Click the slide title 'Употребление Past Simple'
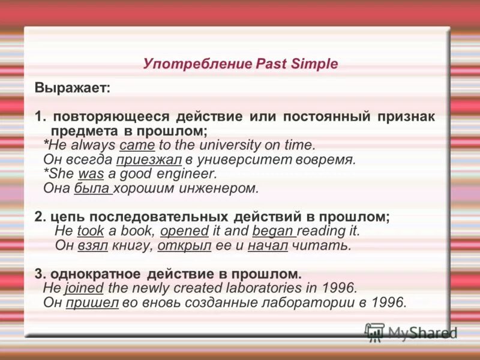[x=241, y=64]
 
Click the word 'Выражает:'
[x=72, y=88]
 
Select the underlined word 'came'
[x=137, y=145]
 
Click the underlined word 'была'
[x=93, y=188]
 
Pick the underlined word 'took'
[x=91, y=230]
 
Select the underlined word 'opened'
[x=184, y=230]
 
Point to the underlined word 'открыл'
[x=179, y=245]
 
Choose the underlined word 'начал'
[x=268, y=245]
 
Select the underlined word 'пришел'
[x=92, y=302]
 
